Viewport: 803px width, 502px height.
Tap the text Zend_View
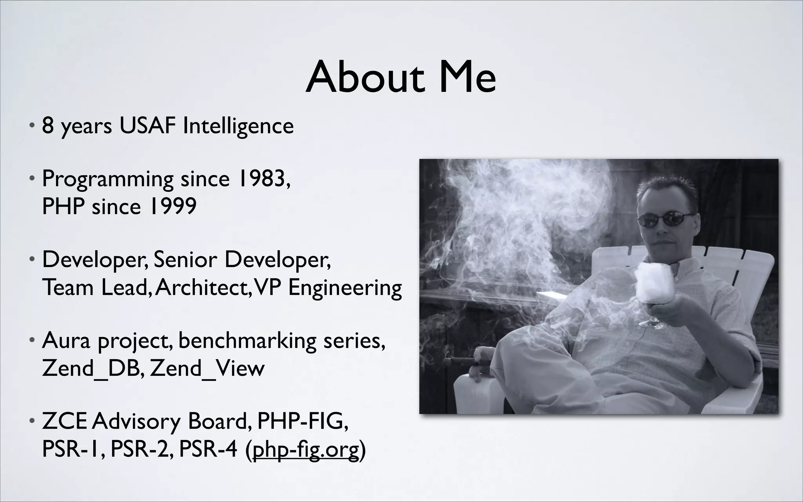click(207, 369)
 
